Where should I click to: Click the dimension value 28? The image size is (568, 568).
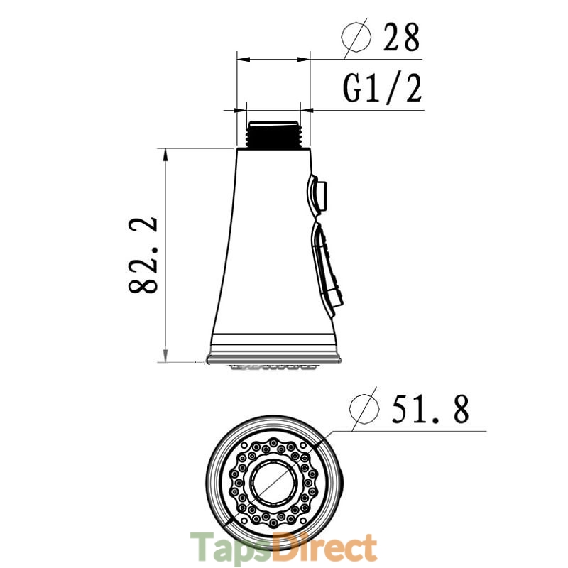pyautogui.click(x=401, y=37)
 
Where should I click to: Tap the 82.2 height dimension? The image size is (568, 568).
pyautogui.click(x=143, y=256)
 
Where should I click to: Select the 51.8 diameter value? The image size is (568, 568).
pyautogui.click(x=431, y=409)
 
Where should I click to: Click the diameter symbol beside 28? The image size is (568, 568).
pyautogui.click(x=356, y=37)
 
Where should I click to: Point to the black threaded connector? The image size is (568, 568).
pyautogui.click(x=273, y=134)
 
